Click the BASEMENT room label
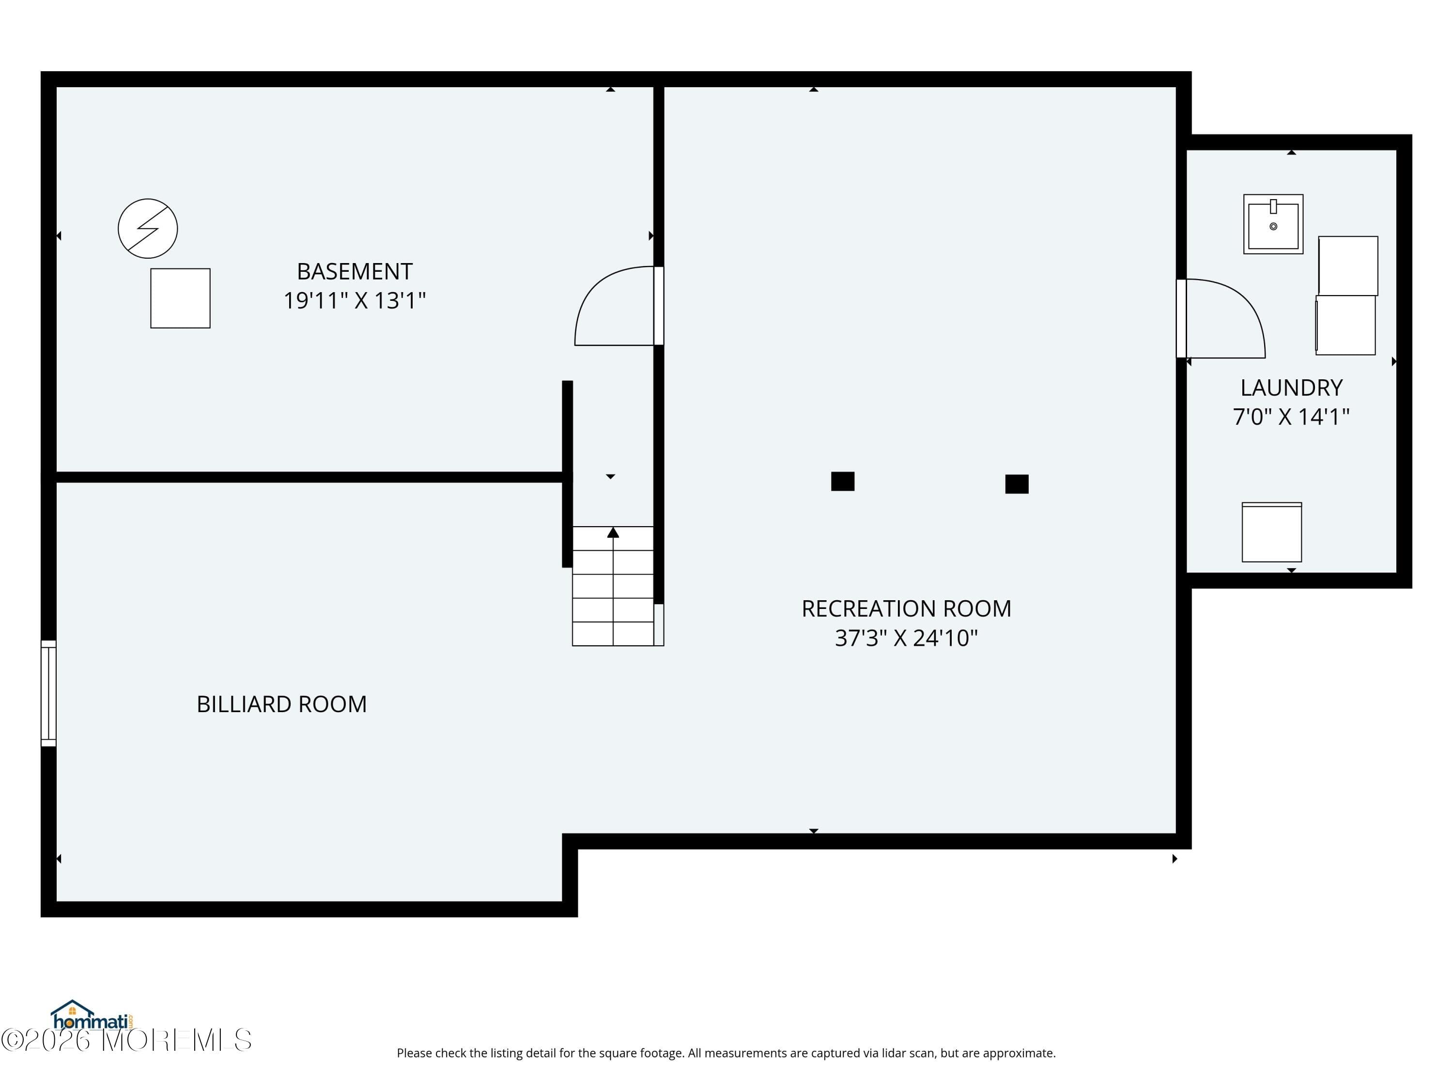[x=355, y=271]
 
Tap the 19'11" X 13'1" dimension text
[x=355, y=301]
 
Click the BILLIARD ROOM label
[x=282, y=704]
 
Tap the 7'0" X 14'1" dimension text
[x=1291, y=417]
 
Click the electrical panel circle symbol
[x=148, y=229]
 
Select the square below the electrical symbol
[x=181, y=298]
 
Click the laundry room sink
[x=1273, y=224]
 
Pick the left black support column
[x=843, y=482]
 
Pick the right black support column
[x=1017, y=484]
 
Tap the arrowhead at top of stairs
[x=613, y=532]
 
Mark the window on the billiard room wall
[x=48, y=693]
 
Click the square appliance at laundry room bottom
[x=1272, y=533]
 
